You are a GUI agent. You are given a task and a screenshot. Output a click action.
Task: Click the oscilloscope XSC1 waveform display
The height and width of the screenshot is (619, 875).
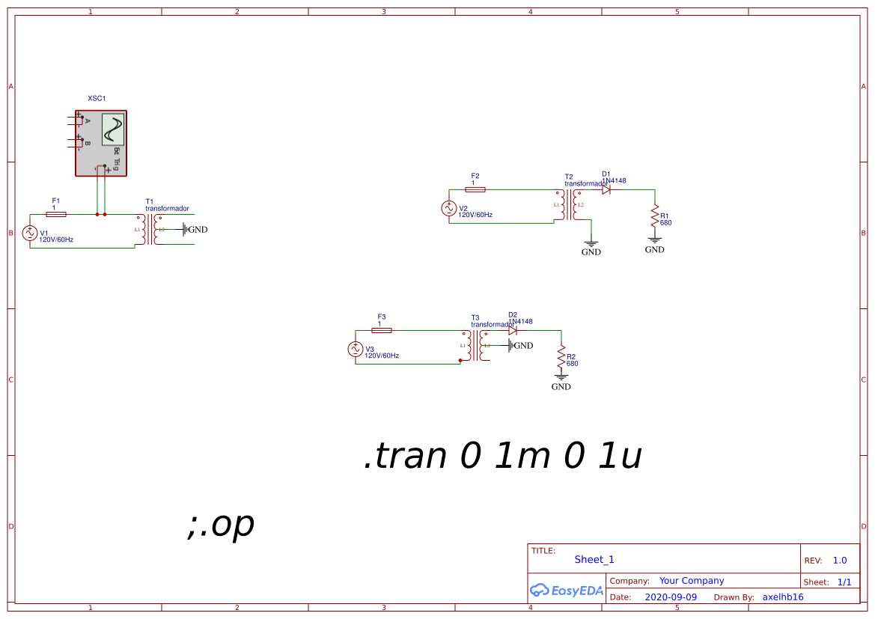click(x=113, y=129)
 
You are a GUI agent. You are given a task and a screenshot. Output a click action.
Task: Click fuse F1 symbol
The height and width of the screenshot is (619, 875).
click(x=56, y=214)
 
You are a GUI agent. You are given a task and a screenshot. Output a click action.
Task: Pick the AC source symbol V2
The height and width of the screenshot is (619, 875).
click(x=449, y=209)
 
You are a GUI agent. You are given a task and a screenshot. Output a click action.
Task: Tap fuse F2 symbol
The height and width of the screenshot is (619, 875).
click(x=475, y=189)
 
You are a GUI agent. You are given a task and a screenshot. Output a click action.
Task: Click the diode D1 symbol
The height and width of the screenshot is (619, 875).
click(x=606, y=189)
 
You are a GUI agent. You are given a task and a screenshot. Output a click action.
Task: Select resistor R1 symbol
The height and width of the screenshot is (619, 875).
click(x=655, y=217)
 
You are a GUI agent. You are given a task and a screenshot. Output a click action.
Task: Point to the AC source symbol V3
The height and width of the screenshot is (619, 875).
click(x=356, y=349)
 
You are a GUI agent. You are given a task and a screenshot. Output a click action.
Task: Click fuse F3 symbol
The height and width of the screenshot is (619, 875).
click(x=382, y=330)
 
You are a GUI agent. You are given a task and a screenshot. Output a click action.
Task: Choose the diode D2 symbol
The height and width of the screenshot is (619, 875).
click(x=513, y=330)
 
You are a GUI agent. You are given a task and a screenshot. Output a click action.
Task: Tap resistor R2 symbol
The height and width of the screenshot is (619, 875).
click(x=561, y=359)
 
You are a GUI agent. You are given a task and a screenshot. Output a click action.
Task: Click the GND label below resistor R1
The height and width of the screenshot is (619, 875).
click(x=654, y=249)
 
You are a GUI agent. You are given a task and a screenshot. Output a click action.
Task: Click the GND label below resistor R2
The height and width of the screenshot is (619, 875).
click(x=561, y=387)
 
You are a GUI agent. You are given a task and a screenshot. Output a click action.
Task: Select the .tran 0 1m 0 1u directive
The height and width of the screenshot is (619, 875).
click(x=502, y=456)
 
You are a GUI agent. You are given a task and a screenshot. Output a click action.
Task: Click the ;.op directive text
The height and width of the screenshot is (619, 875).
click(x=221, y=525)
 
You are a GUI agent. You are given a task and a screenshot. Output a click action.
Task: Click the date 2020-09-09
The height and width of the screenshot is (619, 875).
click(x=671, y=597)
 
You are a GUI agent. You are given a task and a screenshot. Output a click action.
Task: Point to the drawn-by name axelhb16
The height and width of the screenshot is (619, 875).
click(x=782, y=597)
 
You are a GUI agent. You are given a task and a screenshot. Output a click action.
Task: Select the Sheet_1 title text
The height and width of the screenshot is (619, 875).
click(x=594, y=560)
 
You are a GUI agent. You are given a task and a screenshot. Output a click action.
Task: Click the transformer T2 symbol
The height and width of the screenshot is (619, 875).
click(x=569, y=204)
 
